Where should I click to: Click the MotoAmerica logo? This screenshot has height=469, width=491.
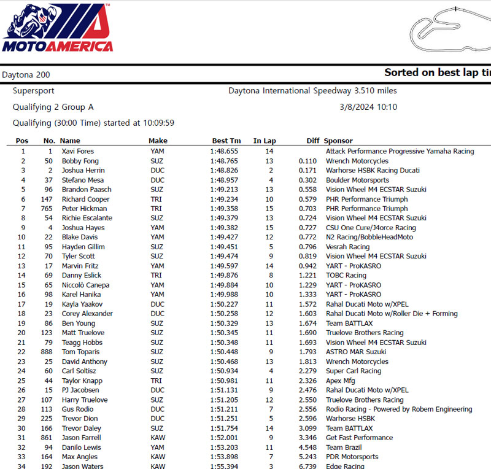tap(58, 28)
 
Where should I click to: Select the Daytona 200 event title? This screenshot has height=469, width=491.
tap(26, 75)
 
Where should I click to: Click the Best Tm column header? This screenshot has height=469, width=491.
tap(226, 141)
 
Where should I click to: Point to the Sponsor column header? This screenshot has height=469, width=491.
tap(338, 141)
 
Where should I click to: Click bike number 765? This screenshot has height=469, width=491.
tap(46, 209)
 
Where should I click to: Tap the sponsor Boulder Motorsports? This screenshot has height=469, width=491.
tap(357, 180)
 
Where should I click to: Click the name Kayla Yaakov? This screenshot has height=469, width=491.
tap(82, 304)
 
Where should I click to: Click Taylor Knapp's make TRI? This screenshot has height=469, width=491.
tap(156, 381)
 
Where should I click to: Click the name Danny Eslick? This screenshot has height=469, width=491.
tap(82, 276)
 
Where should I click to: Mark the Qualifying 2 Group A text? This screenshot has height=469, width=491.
tap(53, 107)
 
